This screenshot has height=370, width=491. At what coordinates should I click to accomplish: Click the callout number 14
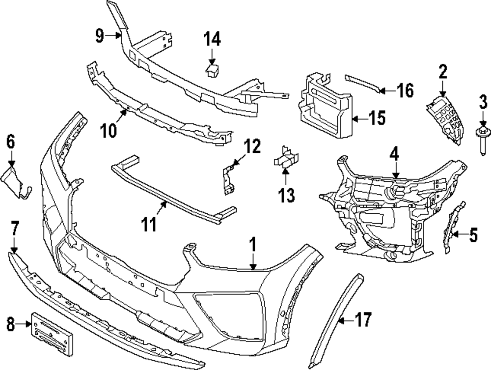click(x=213, y=38)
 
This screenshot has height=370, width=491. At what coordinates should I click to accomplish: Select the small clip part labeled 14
click(x=212, y=71)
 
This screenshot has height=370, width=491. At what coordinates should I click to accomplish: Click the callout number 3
click(x=483, y=103)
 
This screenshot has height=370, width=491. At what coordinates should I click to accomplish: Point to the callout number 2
click(x=443, y=73)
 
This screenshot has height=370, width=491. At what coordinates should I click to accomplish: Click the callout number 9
click(x=100, y=36)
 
